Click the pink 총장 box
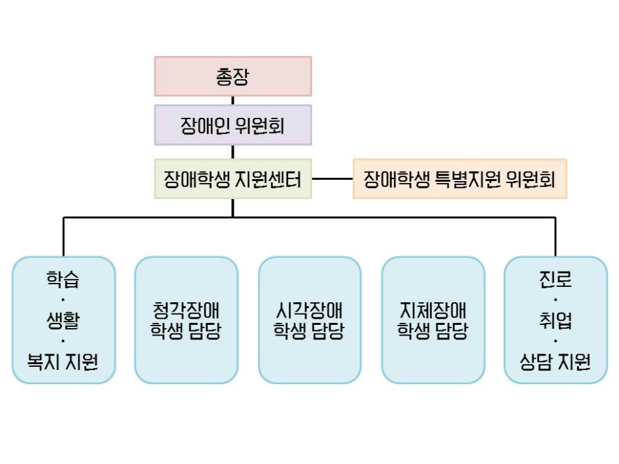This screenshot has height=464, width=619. [233, 77]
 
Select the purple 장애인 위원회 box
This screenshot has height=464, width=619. [233, 125]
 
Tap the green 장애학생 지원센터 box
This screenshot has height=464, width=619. [233, 178]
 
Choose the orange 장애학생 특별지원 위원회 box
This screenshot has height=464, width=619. [459, 178]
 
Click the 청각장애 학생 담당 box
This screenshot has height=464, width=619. [186, 320]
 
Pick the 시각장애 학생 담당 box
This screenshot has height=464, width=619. [309, 320]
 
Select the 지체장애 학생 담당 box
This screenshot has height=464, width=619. [433, 320]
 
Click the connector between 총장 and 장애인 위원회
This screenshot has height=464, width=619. [233, 101]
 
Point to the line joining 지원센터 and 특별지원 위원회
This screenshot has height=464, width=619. [332, 178]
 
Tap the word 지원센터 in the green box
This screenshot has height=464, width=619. [269, 178]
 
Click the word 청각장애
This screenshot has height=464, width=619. [186, 310]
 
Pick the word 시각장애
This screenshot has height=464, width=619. [309, 310]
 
